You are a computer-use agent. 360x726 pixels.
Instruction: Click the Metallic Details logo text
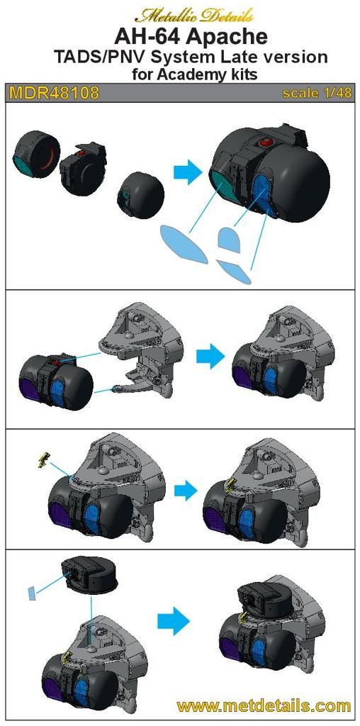[x=194, y=16]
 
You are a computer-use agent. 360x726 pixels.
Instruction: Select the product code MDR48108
[x=54, y=93]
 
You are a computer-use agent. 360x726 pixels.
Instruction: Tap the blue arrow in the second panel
[x=210, y=357]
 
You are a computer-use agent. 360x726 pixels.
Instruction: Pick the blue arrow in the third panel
[x=186, y=489]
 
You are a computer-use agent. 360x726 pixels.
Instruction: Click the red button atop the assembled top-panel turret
[x=266, y=142]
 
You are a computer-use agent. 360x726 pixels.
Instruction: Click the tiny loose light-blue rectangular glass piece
[x=31, y=593]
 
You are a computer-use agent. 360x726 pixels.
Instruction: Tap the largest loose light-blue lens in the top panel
[x=184, y=245]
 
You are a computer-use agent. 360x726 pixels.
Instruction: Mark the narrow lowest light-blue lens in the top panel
[x=235, y=272]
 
